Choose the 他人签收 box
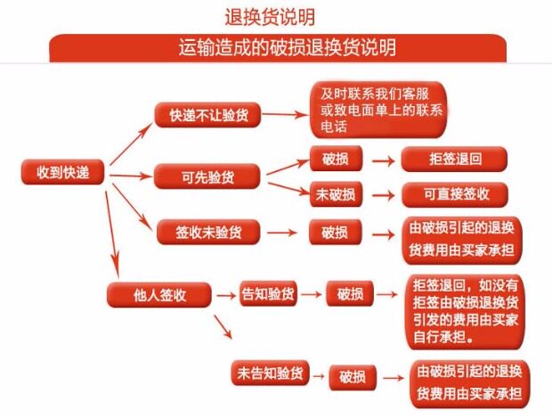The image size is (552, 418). pos(158,294)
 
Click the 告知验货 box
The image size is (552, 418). pos(269,293)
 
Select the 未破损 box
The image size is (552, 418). pos(336,194)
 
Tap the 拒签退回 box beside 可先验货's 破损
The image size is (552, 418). pos(454,160)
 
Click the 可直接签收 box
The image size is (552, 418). pos(454,194)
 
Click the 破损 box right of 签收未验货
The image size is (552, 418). pos(336,233)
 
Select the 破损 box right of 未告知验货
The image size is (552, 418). pos(353,376)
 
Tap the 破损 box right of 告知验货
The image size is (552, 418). pos(351,293)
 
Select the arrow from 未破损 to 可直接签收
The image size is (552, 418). pos(382,194)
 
